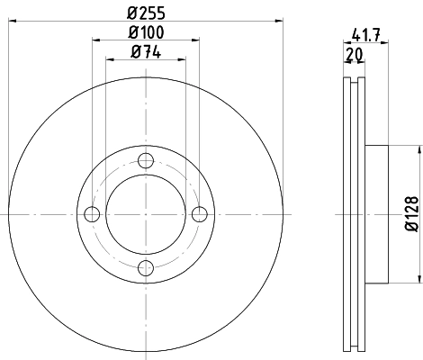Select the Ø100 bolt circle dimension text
[147, 34]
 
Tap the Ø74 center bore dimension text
[147, 52]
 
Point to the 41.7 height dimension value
[364, 38]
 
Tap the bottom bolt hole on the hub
[146, 266]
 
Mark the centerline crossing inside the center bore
[146, 213]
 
